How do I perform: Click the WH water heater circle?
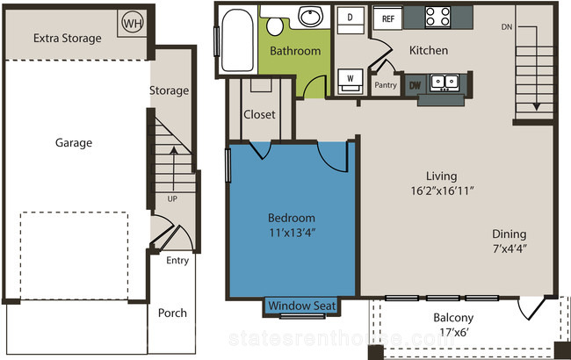133,23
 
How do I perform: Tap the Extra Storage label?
68,39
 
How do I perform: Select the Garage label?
74,143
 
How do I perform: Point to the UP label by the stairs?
172,198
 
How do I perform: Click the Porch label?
172,313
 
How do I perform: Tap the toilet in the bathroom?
275,26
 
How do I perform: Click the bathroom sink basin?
311,16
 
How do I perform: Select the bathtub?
237,40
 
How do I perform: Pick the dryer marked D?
350,20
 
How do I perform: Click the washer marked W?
351,81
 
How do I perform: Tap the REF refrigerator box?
387,18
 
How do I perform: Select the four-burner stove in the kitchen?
437,17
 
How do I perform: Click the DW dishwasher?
415,85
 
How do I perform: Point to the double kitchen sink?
445,83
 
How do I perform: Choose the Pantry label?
386,85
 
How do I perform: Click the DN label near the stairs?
507,27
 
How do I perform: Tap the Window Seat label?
302,306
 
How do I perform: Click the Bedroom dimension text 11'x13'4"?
292,233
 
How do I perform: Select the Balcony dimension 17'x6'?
453,332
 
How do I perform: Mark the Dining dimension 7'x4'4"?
510,249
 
